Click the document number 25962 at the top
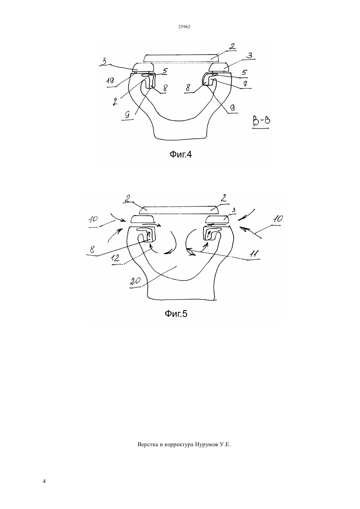coord(184,26)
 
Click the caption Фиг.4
coord(181,154)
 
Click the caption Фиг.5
coord(176,314)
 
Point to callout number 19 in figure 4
coord(111,80)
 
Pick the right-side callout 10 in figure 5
coord(278,219)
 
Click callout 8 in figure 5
coord(92,250)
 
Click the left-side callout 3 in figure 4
coord(104,61)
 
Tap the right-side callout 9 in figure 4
coord(233,108)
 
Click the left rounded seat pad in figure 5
coord(143,219)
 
